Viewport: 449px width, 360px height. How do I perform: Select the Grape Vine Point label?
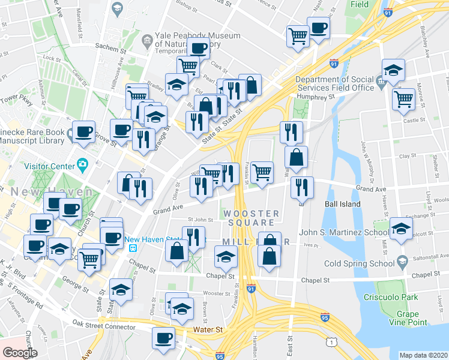(411, 318)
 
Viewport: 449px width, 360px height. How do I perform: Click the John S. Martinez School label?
(343, 233)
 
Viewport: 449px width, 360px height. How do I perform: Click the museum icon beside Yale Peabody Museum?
(147, 41)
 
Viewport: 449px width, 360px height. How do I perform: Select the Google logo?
(20, 352)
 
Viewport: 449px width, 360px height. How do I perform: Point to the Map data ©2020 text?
(423, 355)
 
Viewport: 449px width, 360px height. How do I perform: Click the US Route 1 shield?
(331, 341)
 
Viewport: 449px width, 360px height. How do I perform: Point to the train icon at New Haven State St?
(134, 246)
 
